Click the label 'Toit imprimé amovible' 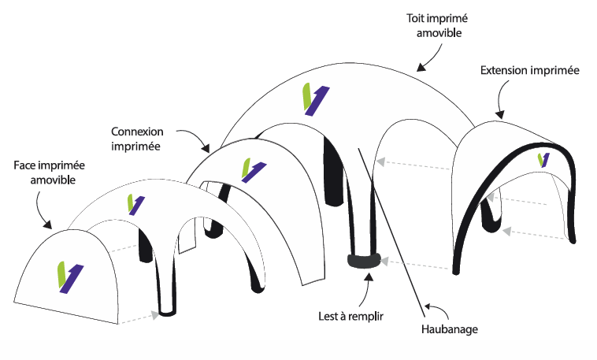pos(434,25)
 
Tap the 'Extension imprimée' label pos(529,71)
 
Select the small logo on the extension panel pos(543,159)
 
